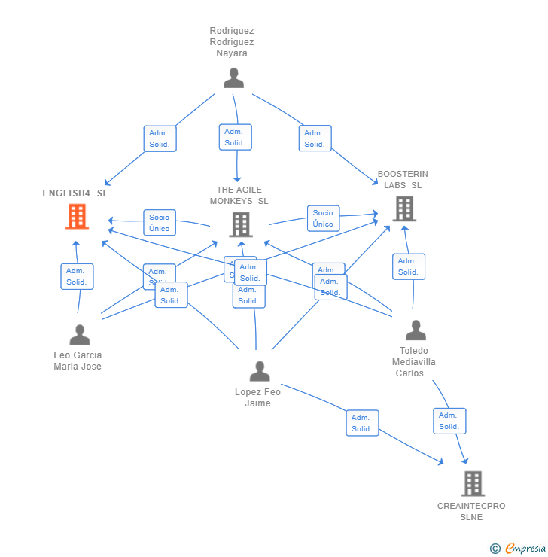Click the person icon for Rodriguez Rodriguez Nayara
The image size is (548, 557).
(233, 78)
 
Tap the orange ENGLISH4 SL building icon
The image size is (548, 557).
(77, 217)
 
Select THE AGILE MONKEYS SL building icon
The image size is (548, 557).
(240, 224)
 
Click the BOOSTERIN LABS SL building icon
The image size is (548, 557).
(404, 208)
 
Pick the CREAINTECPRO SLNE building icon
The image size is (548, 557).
(473, 484)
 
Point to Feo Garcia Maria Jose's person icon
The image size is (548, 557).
(79, 335)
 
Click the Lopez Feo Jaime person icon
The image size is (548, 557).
(259, 372)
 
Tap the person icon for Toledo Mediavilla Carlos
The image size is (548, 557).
(415, 330)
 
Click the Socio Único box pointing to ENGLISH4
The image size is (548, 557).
(159, 223)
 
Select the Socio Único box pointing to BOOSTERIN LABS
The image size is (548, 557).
(323, 218)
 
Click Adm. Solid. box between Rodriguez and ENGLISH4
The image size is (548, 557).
(160, 138)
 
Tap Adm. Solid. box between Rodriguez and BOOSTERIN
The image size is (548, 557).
(315, 138)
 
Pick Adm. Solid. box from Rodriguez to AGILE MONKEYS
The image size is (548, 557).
(235, 137)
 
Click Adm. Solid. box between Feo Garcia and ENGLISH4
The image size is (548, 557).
(77, 276)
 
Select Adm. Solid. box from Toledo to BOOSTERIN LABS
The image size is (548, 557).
(408, 266)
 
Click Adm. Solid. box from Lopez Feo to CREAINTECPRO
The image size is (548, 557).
(362, 423)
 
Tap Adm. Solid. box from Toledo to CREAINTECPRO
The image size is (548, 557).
(449, 421)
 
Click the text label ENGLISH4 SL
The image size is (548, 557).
(75, 193)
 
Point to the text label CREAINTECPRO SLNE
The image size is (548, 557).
(471, 511)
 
